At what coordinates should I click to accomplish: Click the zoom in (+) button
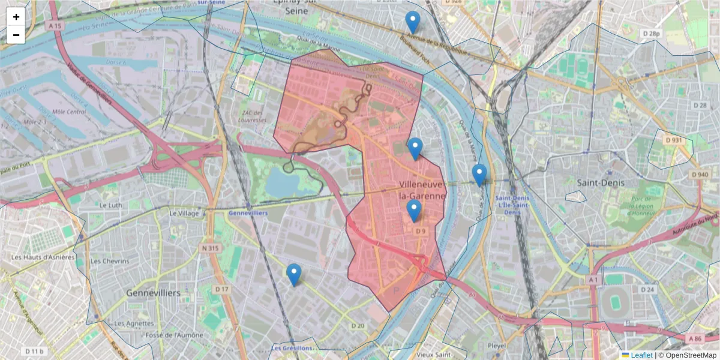(x=16, y=17)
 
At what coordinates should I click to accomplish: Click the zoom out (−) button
(x=16, y=35)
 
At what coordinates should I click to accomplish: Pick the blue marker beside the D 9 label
(x=413, y=211)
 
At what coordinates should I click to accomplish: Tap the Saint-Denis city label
(x=600, y=182)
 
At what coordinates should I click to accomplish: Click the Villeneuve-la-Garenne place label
(x=422, y=190)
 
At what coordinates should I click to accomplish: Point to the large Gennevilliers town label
(x=154, y=293)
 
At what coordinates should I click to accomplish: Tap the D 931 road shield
(x=674, y=140)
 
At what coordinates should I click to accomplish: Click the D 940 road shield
(x=699, y=175)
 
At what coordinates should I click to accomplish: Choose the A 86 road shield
(x=695, y=339)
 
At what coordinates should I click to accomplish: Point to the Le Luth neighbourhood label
(x=110, y=205)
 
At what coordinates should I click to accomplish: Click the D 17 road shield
(x=222, y=289)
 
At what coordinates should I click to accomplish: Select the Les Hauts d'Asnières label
(x=43, y=257)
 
